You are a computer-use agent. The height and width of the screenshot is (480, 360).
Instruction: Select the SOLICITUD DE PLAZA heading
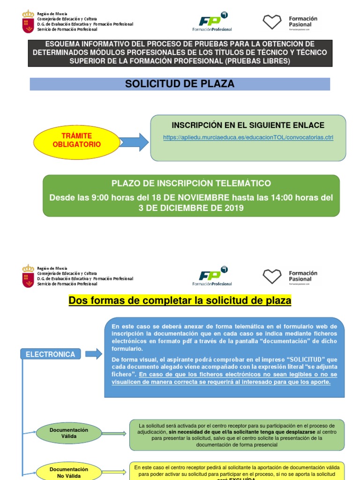[x=180, y=84]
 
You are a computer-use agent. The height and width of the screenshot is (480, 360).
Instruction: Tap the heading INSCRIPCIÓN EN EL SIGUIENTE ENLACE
[x=248, y=125]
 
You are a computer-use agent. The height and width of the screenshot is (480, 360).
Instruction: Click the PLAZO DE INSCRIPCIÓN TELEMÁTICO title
[x=191, y=183]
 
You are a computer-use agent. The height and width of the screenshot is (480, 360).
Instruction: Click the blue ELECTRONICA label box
[x=51, y=354]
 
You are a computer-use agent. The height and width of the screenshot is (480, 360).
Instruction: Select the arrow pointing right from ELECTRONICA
[x=93, y=354]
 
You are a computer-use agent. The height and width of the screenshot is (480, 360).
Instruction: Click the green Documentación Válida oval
[x=69, y=433]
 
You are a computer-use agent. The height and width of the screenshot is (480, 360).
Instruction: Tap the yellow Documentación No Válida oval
[x=69, y=472]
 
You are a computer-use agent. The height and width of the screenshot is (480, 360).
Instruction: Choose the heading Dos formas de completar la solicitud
[x=180, y=300]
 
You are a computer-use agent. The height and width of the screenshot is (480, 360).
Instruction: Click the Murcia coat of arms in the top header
[x=28, y=22]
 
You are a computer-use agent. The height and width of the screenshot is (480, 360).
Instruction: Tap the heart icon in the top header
[x=272, y=22]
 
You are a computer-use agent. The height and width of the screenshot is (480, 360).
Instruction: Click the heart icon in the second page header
[x=272, y=277]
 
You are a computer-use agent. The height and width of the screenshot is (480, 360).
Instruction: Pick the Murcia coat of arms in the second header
[x=28, y=276]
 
